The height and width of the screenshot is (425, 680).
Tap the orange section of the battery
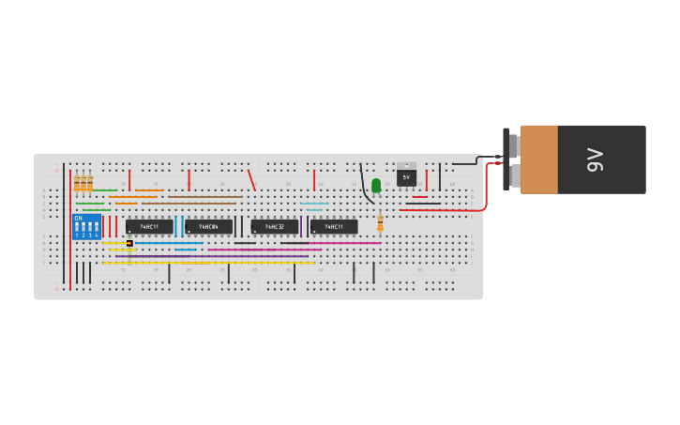point(539,159)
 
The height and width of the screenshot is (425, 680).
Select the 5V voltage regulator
point(406,175)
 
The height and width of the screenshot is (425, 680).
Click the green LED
point(376,186)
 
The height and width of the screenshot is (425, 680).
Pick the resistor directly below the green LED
point(380,223)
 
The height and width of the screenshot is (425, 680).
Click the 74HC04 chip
point(208,227)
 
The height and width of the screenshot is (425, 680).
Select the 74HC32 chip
point(275,227)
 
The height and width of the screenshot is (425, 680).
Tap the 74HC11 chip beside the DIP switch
point(149,227)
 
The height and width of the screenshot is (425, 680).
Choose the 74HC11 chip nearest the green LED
point(334,227)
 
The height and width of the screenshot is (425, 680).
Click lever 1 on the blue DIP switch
point(78,228)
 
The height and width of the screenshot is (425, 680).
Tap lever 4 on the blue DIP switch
point(96,228)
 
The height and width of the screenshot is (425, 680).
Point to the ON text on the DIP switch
point(78,218)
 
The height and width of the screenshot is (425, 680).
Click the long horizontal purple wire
point(225,256)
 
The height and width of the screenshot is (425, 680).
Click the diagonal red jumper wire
point(250,179)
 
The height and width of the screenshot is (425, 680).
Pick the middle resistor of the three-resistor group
point(83,183)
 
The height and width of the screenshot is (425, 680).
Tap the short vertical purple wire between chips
point(301,226)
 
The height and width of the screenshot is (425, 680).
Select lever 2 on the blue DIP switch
point(83,228)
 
